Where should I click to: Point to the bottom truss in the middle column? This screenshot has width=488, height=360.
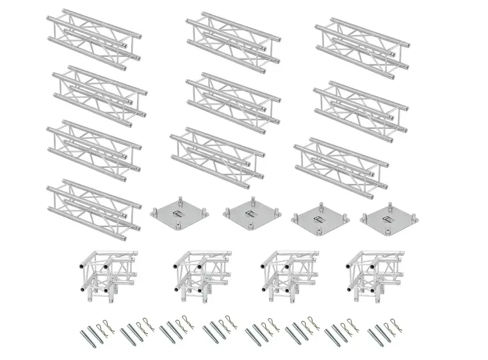(x=218, y=154)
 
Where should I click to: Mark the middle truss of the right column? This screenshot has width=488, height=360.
(x=361, y=106)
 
